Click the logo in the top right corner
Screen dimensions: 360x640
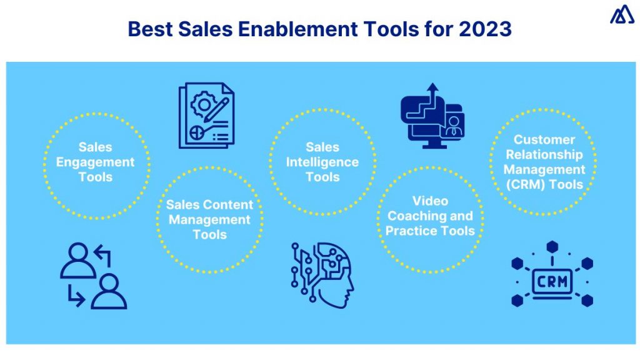coord(622,14)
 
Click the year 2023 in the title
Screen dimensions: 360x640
coord(490,29)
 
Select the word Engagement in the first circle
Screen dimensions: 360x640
coord(95,162)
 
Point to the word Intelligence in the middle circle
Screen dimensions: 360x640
coord(322,162)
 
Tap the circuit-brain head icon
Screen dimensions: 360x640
coord(322,275)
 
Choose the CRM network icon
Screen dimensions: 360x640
coord(552,274)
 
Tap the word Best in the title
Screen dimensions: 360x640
coord(145,29)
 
